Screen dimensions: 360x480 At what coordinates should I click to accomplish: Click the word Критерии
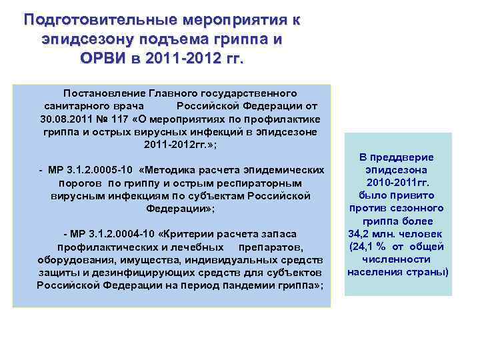(197, 234)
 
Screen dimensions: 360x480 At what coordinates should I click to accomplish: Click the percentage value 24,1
(365, 246)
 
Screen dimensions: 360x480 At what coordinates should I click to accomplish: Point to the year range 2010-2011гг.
(398, 183)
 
